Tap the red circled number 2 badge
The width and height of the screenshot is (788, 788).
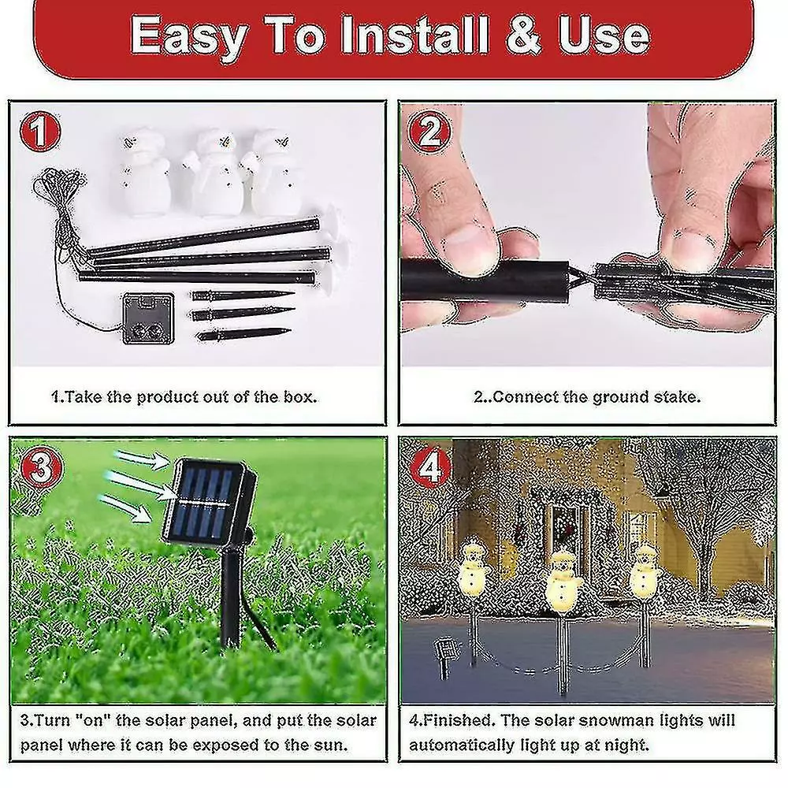[x=429, y=132]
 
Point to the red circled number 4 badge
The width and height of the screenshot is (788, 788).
[x=430, y=468]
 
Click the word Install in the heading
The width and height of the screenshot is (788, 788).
[x=414, y=35]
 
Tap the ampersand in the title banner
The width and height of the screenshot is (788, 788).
[x=522, y=35]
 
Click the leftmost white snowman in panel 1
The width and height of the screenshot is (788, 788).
[x=143, y=173]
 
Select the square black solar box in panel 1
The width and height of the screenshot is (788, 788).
[x=148, y=318]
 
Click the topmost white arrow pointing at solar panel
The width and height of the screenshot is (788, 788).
[x=142, y=459]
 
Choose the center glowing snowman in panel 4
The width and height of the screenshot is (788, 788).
[x=563, y=582]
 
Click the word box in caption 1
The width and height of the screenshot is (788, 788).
[x=300, y=397]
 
